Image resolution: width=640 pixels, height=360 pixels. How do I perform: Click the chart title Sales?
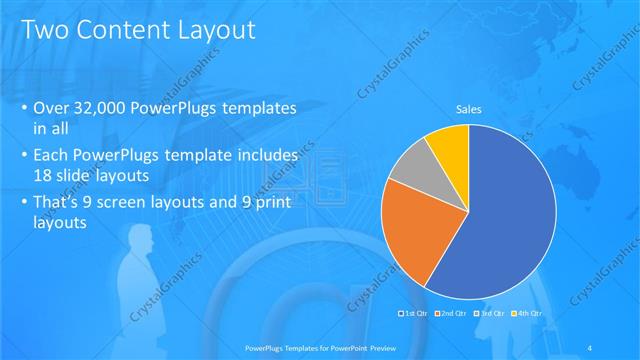(x=469, y=110)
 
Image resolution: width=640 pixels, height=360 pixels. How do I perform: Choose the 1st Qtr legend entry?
(x=414, y=313)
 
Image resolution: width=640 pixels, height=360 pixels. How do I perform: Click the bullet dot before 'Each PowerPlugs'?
(x=24, y=157)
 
